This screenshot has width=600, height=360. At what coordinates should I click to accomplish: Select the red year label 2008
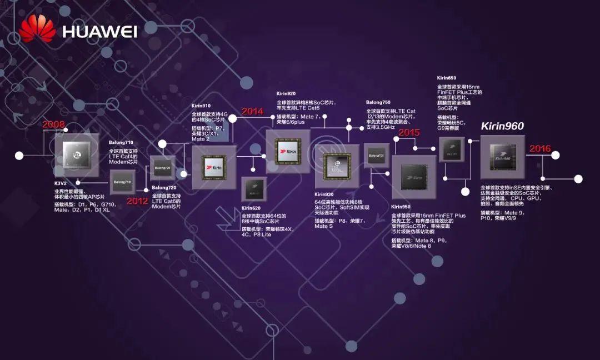54,124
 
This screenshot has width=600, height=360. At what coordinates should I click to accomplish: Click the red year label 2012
137,201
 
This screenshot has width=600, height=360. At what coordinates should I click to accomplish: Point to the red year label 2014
252,111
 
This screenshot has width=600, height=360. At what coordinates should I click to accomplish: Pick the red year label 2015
409,132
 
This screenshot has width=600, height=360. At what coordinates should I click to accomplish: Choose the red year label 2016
540,148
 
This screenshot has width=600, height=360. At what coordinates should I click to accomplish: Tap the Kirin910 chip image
214,167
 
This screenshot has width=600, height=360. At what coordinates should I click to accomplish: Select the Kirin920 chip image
288,151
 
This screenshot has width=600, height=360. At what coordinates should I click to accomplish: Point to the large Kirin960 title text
502,126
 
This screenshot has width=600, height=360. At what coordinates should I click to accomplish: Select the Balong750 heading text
378,103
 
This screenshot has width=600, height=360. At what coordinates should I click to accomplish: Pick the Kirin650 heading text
447,78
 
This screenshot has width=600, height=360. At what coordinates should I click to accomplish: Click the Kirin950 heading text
401,207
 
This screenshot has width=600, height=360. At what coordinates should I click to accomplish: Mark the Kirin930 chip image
337,166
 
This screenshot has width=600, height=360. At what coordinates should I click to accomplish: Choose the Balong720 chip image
162,167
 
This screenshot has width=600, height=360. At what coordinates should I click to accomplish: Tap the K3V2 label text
61,183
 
